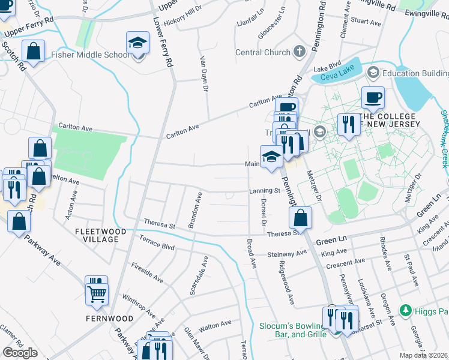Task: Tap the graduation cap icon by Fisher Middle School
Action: (x=137, y=44)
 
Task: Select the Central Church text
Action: (x=262, y=52)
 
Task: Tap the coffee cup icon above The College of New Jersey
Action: (x=373, y=97)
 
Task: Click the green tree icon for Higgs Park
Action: (x=406, y=310)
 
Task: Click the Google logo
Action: (x=19, y=352)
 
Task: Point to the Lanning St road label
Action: (x=265, y=191)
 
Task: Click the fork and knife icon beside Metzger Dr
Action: (x=347, y=124)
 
